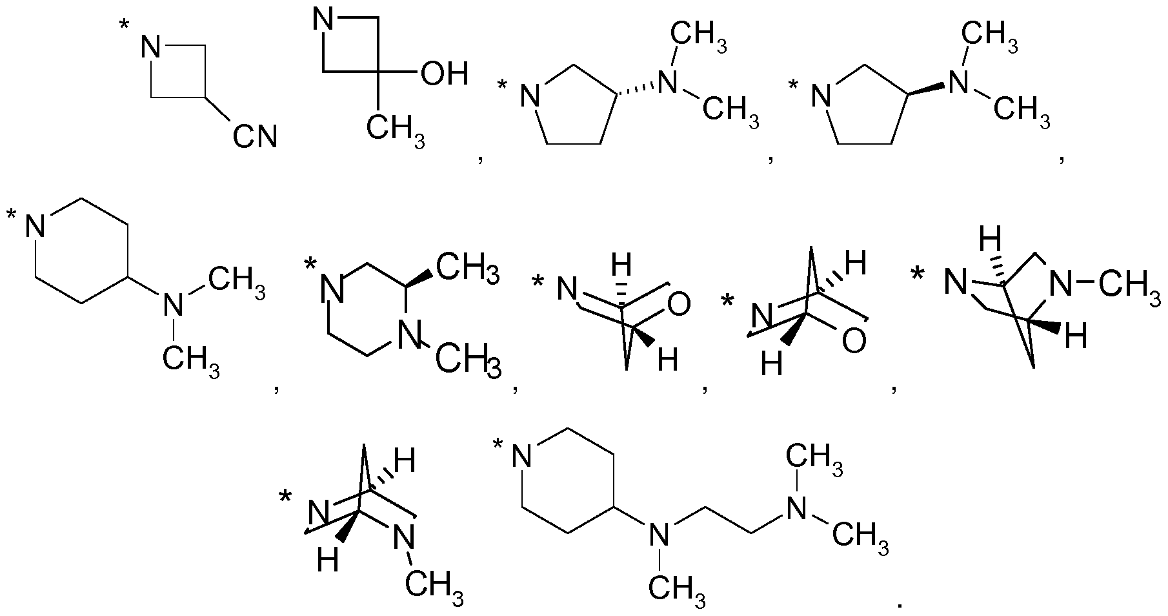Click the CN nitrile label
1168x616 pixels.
click(x=255, y=137)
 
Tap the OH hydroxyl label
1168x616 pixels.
click(x=443, y=74)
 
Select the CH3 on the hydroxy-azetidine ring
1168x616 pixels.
click(x=395, y=129)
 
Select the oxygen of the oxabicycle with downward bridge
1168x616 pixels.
click(x=678, y=303)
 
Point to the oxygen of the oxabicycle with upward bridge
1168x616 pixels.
click(x=853, y=341)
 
